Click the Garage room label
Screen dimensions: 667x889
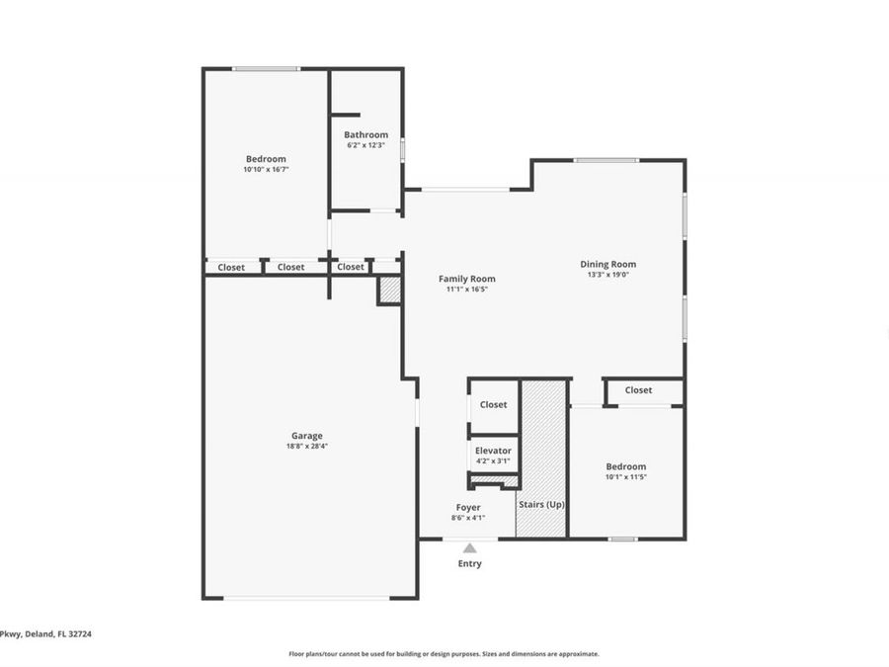point(306,436)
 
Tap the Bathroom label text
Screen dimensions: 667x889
point(365,134)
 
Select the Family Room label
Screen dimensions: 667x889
point(467,279)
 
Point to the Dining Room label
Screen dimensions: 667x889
point(607,264)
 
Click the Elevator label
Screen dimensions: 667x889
point(493,451)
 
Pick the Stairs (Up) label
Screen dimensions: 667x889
point(542,505)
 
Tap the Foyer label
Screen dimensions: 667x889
point(468,507)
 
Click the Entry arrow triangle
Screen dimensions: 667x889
point(470,547)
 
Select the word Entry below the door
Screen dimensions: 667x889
point(469,564)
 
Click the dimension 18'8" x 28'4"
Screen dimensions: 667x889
point(306,447)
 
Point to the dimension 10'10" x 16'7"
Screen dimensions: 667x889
point(266,170)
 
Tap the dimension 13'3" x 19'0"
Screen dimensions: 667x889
point(607,275)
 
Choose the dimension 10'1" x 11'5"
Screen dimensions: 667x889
point(626,477)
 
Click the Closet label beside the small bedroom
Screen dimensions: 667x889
point(638,390)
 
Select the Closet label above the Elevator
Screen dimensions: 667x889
point(493,404)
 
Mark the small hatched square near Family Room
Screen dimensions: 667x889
point(390,291)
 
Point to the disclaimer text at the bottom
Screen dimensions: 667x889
point(444,653)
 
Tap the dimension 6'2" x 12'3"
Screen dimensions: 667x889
point(365,145)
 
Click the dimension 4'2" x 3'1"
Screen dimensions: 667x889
point(493,460)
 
